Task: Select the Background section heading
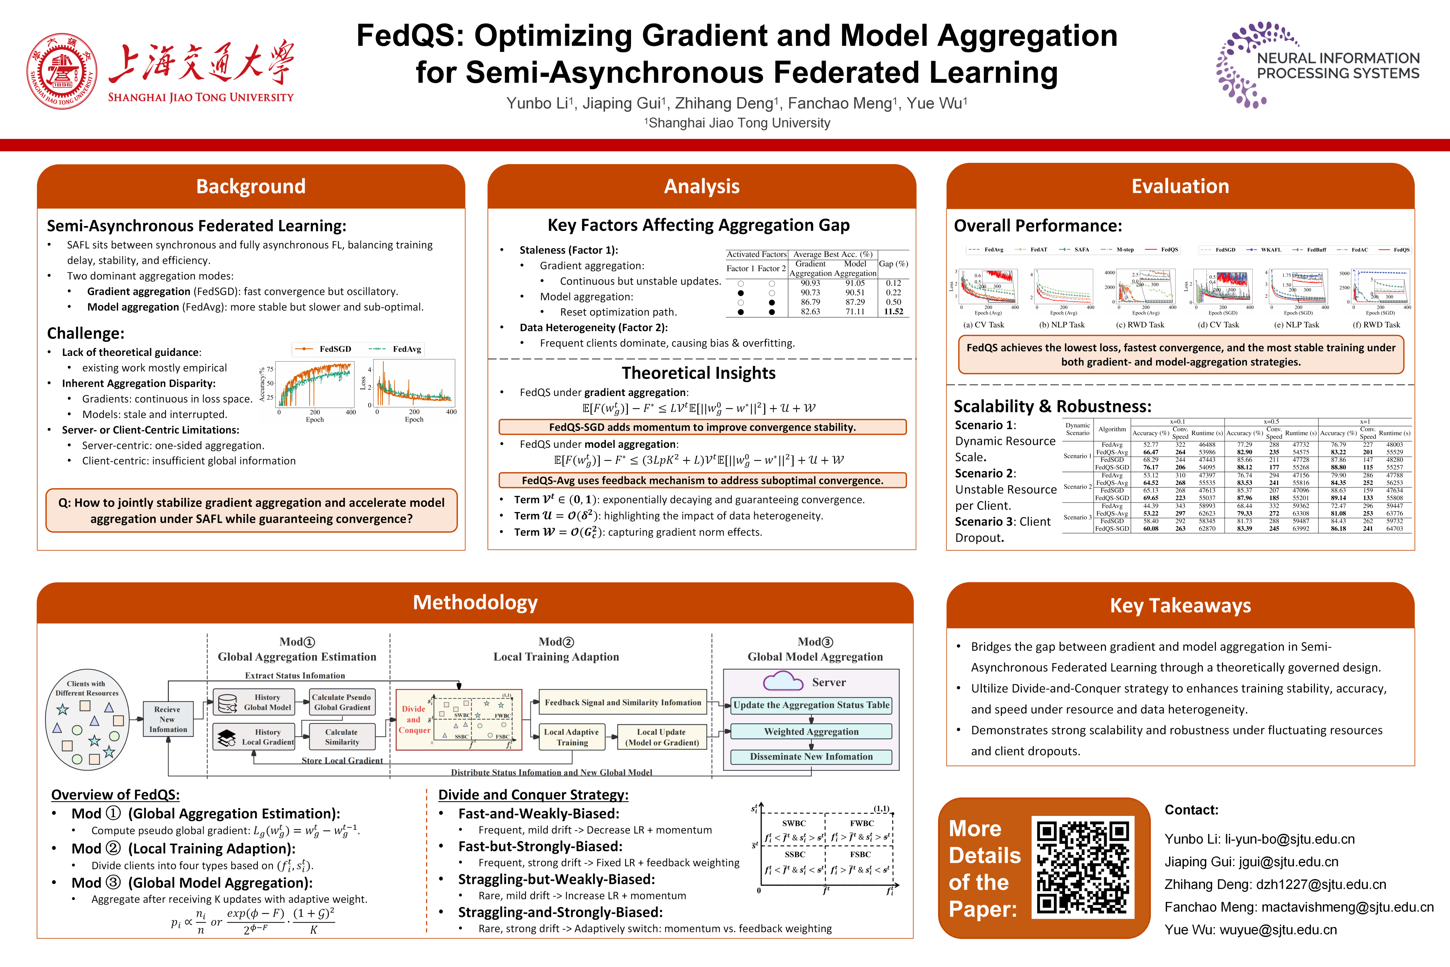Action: point(251,186)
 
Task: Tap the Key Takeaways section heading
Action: point(1180,606)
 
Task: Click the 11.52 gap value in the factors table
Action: point(893,312)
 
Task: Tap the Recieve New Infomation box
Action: point(168,719)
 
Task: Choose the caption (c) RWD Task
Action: point(1140,325)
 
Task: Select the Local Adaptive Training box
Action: point(572,737)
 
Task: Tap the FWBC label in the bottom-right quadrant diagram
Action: point(861,823)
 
